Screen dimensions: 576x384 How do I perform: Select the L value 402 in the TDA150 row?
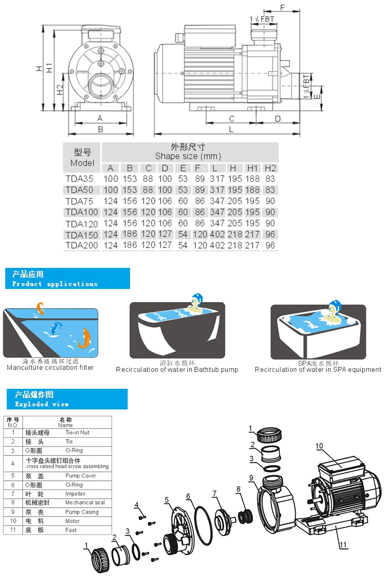tap(217, 235)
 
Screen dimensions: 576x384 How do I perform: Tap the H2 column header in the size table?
tap(270, 168)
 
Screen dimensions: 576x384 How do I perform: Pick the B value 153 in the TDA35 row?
tap(129, 179)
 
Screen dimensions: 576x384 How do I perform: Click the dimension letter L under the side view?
tap(231, 129)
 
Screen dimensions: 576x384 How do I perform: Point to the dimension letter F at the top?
tap(283, 7)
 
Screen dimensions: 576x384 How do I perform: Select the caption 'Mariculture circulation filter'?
tap(50, 368)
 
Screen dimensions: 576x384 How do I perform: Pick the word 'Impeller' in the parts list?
tap(75, 493)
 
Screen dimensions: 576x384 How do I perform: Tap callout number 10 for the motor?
tap(320, 446)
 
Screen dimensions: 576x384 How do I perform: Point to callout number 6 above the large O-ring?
tap(189, 496)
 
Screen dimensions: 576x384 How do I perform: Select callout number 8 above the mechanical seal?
tap(238, 489)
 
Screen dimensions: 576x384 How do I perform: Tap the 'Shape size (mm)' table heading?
tap(188, 156)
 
